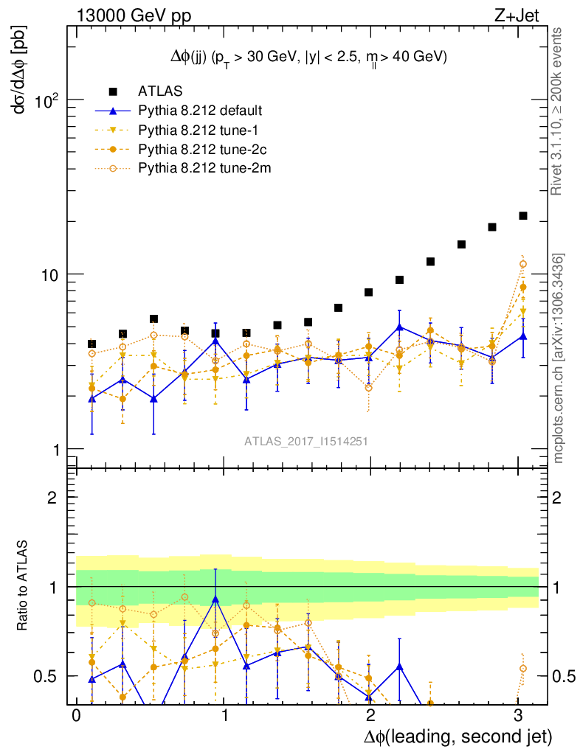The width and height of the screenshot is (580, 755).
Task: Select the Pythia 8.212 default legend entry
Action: pyautogui.click(x=200, y=111)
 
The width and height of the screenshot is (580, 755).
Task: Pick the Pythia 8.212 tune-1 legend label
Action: pyautogui.click(x=194, y=130)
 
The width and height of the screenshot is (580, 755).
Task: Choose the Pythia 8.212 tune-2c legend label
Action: pyautogui.click(x=197, y=149)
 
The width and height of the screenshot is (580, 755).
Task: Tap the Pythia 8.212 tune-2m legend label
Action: pyautogui.click(x=198, y=168)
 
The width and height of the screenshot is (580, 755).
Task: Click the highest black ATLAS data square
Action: pyautogui.click(x=523, y=215)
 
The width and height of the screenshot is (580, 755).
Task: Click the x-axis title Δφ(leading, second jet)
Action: pyautogui.click(x=458, y=737)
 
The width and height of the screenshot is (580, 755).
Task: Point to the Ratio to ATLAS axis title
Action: pyautogui.click(x=22, y=586)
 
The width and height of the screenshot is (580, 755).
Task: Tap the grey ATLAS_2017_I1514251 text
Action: pyautogui.click(x=306, y=441)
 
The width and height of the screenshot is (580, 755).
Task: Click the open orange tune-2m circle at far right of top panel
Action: pyautogui.click(x=523, y=264)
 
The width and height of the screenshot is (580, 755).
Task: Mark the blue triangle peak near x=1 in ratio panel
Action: pyautogui.click(x=215, y=599)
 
